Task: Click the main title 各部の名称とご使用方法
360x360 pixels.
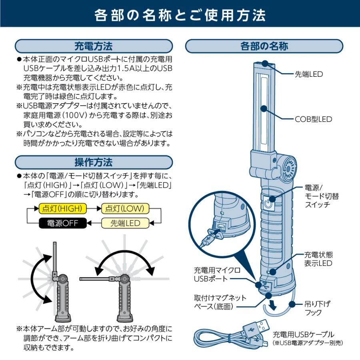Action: (x=180, y=15)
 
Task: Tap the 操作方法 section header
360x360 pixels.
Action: (x=94, y=162)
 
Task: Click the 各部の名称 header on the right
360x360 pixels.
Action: (x=264, y=46)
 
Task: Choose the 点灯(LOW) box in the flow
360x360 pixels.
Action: (x=125, y=208)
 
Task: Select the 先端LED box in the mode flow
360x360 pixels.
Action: (x=125, y=223)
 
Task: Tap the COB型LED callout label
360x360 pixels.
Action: (x=314, y=119)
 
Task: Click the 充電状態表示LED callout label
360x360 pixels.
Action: (x=318, y=259)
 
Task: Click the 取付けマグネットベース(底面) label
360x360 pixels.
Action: (x=220, y=302)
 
